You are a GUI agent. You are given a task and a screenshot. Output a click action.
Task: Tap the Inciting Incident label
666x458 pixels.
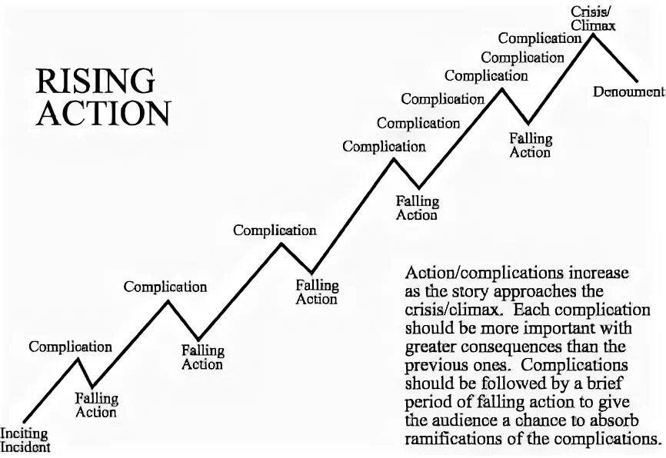[25, 441]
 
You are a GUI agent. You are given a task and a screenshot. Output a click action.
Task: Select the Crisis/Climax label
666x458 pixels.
[593, 18]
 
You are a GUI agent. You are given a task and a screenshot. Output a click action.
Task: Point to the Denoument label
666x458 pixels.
[628, 91]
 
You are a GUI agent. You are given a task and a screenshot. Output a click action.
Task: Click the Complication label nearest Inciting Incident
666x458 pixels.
[70, 347]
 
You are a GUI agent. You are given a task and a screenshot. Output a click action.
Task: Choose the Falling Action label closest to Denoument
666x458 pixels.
[531, 145]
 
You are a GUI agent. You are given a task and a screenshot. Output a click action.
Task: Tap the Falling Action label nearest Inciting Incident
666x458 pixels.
[96, 405]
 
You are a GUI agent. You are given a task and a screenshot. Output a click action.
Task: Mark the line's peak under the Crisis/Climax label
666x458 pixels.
[592, 35]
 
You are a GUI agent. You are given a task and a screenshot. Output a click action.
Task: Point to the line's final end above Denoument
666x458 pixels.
[638, 79]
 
